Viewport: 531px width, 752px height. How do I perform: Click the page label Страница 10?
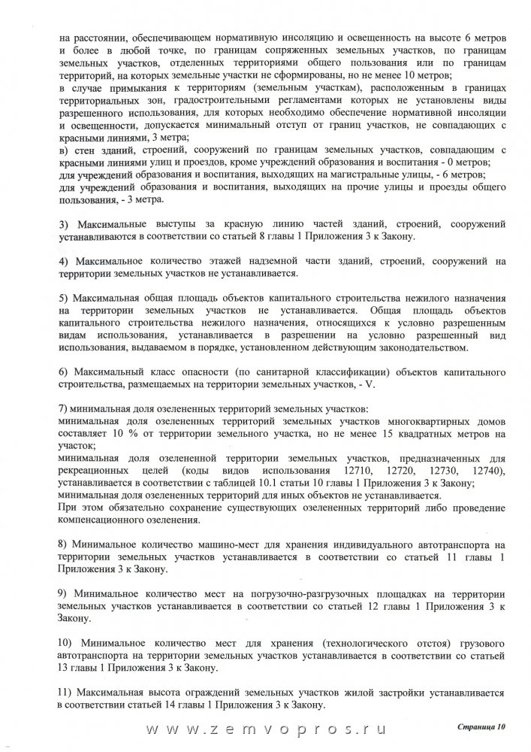[481, 727]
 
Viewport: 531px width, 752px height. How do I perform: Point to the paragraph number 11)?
[65, 690]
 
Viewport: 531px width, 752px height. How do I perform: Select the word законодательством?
[434, 348]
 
